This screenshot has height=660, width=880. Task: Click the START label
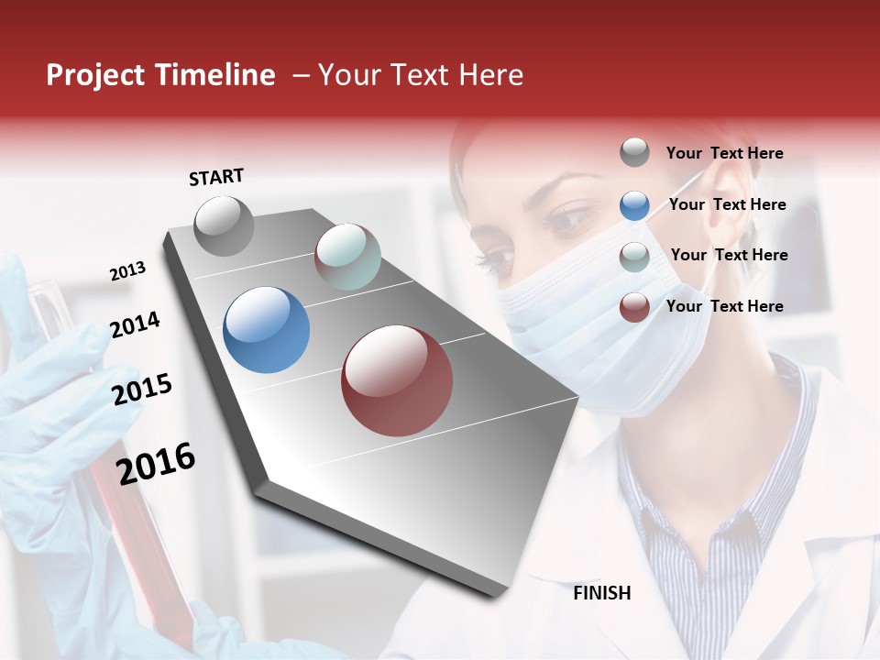tap(216, 177)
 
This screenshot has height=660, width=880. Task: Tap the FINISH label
tap(601, 593)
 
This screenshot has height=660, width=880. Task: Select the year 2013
tap(127, 271)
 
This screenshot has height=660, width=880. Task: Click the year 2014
tap(135, 325)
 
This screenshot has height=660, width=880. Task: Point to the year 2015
tap(142, 390)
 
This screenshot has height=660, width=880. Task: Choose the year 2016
tap(156, 464)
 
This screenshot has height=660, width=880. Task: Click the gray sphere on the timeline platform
tap(224, 225)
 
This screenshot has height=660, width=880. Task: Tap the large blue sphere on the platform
tap(266, 330)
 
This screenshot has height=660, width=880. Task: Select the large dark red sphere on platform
tap(397, 380)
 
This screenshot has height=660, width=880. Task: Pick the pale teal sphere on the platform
tap(347, 257)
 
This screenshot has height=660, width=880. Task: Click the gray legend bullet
tap(634, 153)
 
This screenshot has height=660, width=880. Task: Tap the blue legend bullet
tap(634, 205)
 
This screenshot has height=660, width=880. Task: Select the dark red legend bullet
tap(634, 307)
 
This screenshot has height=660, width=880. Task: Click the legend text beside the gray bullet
tap(724, 154)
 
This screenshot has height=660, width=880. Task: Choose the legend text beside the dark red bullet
tap(724, 306)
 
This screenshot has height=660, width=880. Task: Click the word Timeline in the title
tap(216, 75)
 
